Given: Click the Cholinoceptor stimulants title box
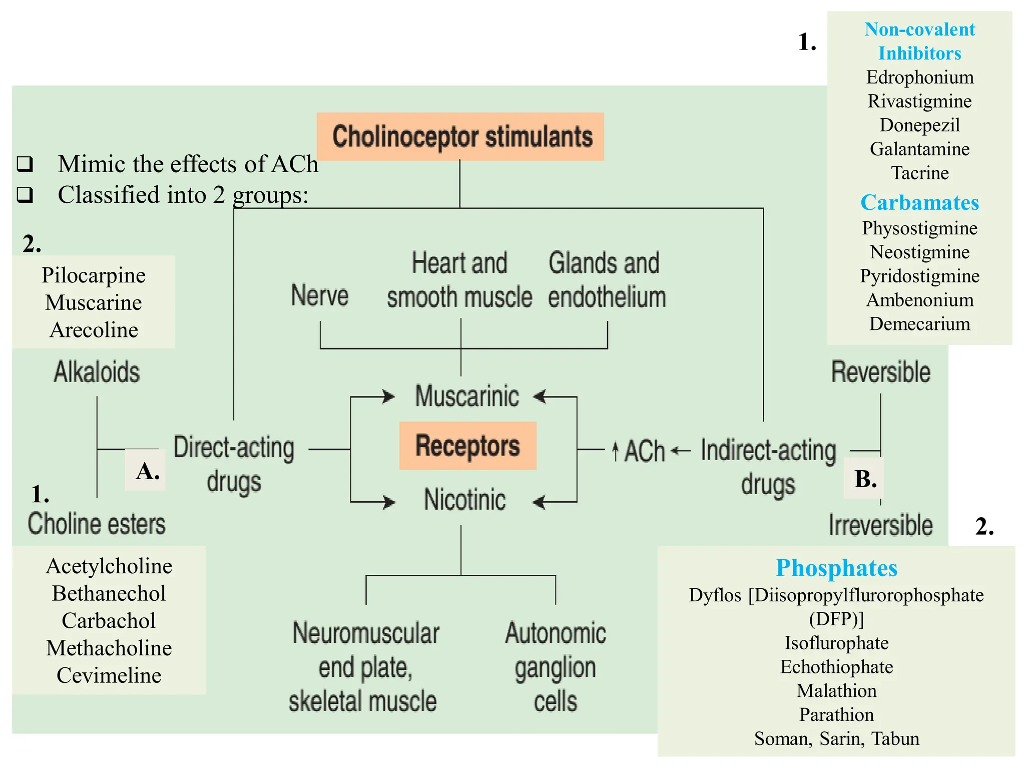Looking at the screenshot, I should click(460, 137).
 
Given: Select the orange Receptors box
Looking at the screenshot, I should click(467, 446).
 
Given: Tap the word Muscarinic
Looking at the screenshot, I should click(467, 397).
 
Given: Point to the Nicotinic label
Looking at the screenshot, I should click(465, 500).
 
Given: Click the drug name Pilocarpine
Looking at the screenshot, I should click(94, 275).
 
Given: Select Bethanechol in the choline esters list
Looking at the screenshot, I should click(109, 594).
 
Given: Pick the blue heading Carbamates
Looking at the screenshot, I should click(919, 203).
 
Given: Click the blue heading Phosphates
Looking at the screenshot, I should click(836, 568).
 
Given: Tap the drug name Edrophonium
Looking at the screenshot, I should click(919, 77).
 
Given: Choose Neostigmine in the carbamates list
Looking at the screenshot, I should click(919, 252).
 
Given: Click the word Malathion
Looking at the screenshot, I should click(836, 691).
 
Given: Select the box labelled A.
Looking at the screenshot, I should click(146, 471).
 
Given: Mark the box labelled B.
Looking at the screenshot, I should click(865, 479).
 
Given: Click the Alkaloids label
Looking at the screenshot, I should click(97, 372).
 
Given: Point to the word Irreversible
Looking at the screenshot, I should click(880, 525).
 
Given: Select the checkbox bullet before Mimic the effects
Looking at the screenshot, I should click(25, 164).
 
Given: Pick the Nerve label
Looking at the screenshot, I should click(320, 295).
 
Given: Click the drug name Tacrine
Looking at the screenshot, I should click(919, 173).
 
